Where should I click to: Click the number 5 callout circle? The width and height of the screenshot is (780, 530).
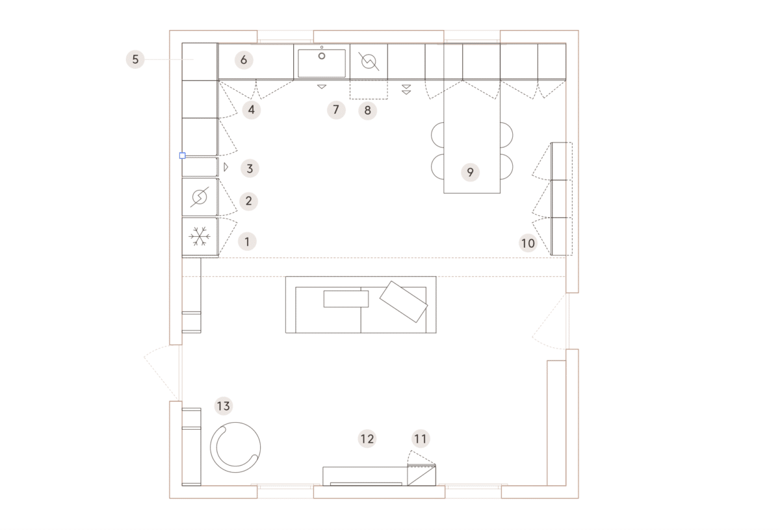pos(135,59)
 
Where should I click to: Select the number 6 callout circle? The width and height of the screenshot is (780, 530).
pos(244,60)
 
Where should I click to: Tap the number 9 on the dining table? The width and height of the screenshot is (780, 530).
pos(470,172)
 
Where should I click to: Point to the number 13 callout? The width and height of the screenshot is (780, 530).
pos(224,406)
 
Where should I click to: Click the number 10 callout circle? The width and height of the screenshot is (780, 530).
pos(528,243)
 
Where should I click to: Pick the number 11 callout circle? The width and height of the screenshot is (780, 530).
pos(421,439)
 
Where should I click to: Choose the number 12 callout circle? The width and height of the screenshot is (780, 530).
pos(367,439)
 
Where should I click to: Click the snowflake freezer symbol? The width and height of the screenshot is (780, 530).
pos(200,236)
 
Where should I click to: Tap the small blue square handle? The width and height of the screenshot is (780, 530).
pos(183,155)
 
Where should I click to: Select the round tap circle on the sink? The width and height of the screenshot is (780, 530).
pos(322,56)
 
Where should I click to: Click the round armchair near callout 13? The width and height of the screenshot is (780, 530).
pos(235,447)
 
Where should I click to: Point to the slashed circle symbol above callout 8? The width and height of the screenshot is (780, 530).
pos(369,62)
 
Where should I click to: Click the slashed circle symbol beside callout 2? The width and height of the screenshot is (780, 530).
pos(200,197)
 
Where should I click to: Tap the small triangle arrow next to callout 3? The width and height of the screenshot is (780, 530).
pos(226,167)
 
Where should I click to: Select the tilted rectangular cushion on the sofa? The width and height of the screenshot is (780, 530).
pos(404,302)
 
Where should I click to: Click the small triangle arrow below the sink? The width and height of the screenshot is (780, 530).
pos(322,86)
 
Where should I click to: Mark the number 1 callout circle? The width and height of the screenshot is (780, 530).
pos(247,241)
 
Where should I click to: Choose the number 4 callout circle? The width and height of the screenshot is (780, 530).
pos(252,110)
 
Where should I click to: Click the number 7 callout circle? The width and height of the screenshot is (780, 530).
pos(336,110)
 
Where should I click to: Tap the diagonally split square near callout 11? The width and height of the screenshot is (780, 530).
pos(422,475)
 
